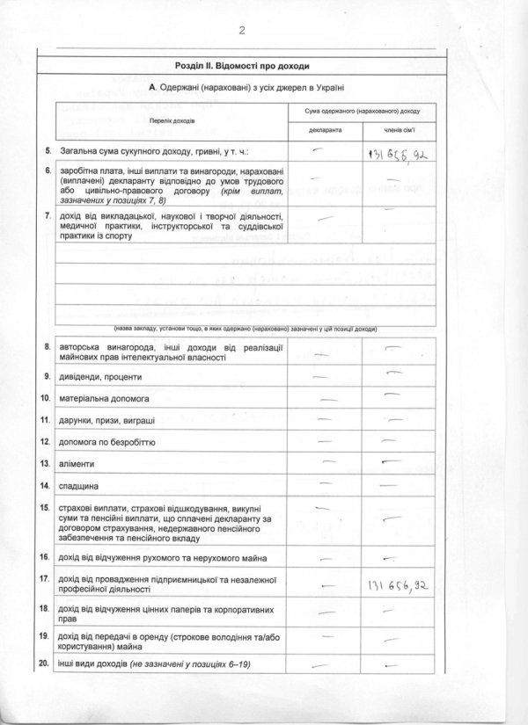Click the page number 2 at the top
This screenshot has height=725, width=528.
pyautogui.click(x=240, y=32)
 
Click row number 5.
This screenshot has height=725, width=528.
pyautogui.click(x=46, y=151)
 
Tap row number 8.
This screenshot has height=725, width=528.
pyautogui.click(x=46, y=349)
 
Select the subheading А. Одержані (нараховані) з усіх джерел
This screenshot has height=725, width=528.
pyautogui.click(x=246, y=89)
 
